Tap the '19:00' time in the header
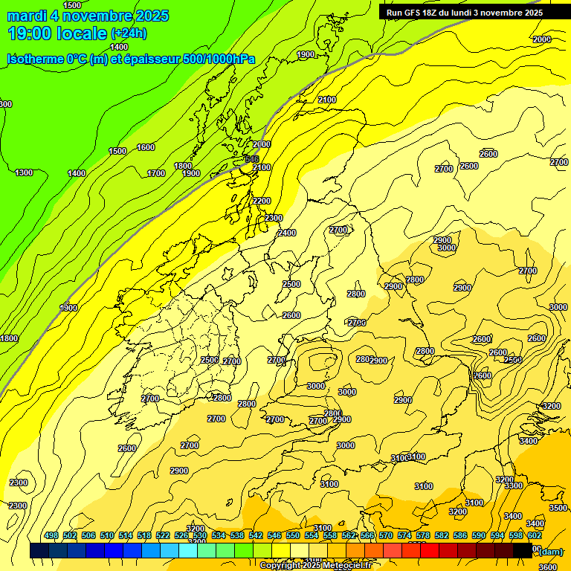coord(33,33)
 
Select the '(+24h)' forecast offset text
coord(129,33)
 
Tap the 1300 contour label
coord(24,172)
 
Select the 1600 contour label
coord(146,147)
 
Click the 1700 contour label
coord(156,173)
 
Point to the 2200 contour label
coord(262,201)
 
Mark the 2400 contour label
coord(287,233)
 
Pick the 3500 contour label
coord(558,508)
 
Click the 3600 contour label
coord(547,567)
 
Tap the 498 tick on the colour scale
coord(51,535)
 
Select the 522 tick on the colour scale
coord(163,535)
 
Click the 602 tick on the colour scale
coord(535,535)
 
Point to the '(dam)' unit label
coord(550,551)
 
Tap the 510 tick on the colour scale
coord(107,535)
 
